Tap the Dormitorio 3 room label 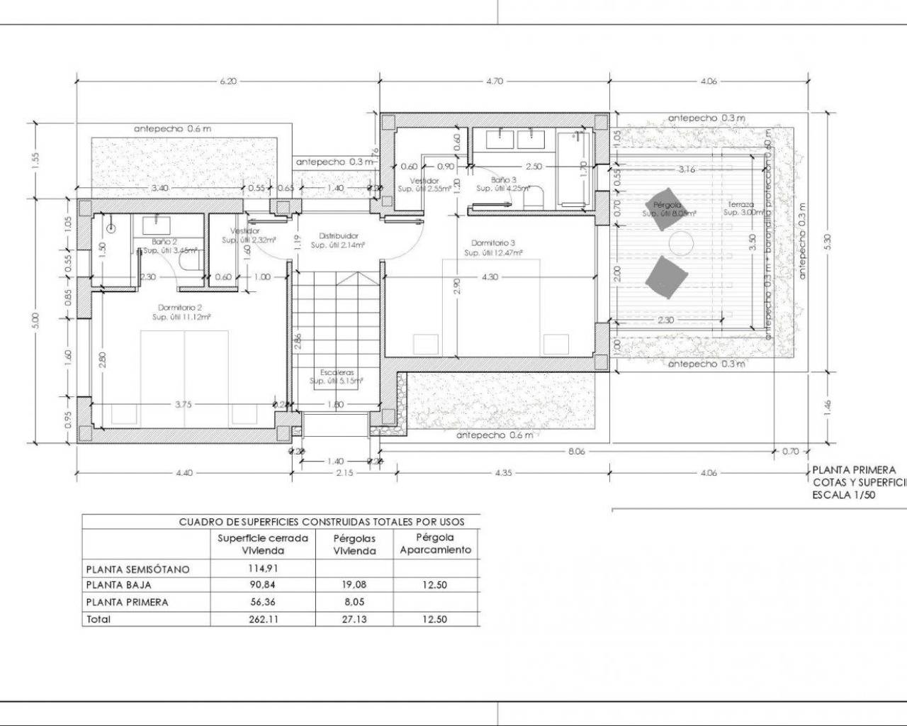pyautogui.click(x=493, y=243)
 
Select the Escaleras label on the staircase pyautogui.click(x=337, y=372)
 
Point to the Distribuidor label pyautogui.click(x=338, y=235)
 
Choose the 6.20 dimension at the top pyautogui.click(x=228, y=82)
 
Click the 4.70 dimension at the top pyautogui.click(x=494, y=82)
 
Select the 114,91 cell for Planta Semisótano pyautogui.click(x=262, y=569)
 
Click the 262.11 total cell pyautogui.click(x=262, y=619)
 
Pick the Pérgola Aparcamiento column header pyautogui.click(x=435, y=544)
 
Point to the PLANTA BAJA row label pyautogui.click(x=118, y=586)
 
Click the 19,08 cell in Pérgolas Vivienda pyautogui.click(x=354, y=586)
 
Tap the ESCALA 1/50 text pyautogui.click(x=843, y=496)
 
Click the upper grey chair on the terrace pyautogui.click(x=665, y=207)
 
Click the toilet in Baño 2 pyautogui.click(x=188, y=263)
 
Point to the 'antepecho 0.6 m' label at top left pyautogui.click(x=172, y=129)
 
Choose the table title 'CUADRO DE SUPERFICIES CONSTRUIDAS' pyautogui.click(x=322, y=522)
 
